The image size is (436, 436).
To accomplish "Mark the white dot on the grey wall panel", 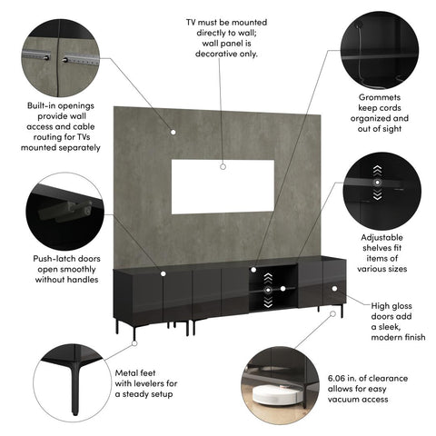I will point(172,130).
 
